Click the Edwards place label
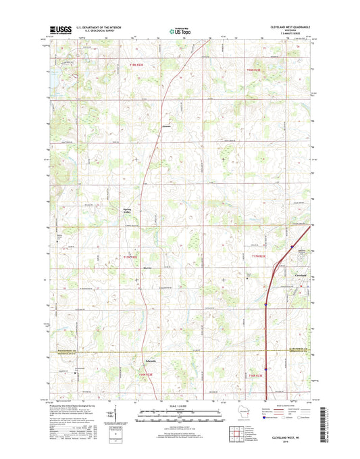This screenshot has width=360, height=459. (x=151, y=360)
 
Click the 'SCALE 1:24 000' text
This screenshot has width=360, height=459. (x=180, y=405)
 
